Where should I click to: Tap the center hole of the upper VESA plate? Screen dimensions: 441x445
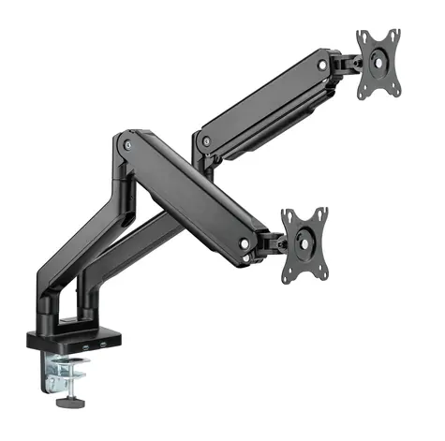click(x=379, y=65)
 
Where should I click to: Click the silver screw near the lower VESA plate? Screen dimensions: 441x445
click(x=245, y=243)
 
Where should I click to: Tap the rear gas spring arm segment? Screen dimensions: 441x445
click(x=262, y=103)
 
